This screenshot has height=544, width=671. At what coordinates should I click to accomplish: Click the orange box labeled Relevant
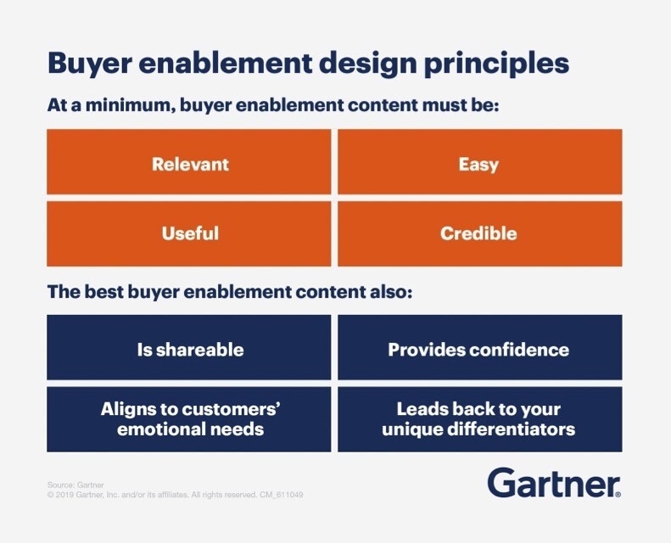188,162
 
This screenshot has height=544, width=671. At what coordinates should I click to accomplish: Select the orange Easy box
480,162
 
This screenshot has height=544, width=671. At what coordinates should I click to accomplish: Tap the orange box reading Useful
188,233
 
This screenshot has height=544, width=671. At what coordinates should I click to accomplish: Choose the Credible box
480,233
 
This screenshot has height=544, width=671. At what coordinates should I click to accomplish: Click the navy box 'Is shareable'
188,347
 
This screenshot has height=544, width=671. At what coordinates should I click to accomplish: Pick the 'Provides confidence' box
480,347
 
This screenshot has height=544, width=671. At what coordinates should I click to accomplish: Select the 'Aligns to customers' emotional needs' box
188,419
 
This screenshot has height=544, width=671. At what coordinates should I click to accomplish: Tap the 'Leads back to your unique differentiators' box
480,419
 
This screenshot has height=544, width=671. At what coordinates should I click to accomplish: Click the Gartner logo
554,482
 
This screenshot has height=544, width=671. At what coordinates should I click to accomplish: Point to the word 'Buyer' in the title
89,64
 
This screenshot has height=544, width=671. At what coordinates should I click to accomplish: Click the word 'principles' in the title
496,64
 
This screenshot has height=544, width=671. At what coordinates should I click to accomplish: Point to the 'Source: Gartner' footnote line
75,485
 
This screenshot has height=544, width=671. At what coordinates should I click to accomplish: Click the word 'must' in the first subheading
445,105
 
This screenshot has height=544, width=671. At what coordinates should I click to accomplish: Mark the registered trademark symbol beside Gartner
618,494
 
